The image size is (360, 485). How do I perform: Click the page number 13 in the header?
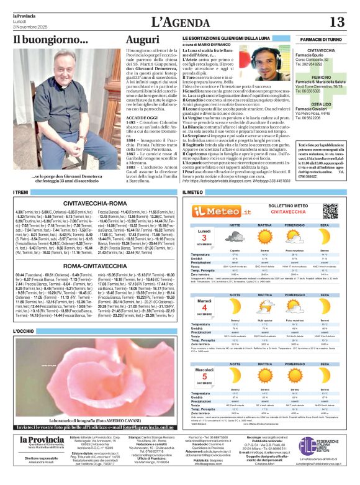pyautogui.click(x=336, y=22)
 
